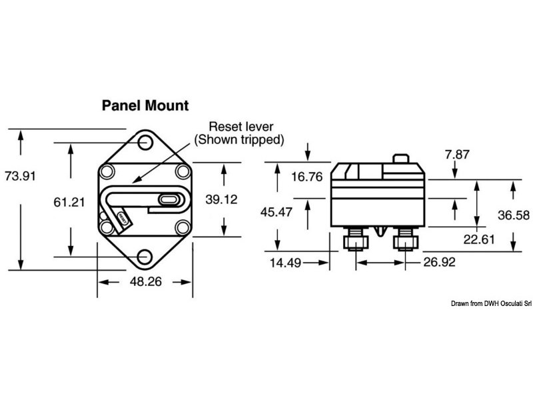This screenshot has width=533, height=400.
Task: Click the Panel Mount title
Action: click(x=145, y=105)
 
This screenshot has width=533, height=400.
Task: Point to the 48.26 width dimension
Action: click(x=145, y=282)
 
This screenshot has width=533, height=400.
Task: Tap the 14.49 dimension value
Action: click(x=285, y=263)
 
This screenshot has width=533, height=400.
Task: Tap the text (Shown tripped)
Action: click(x=239, y=140)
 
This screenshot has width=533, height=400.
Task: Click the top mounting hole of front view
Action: click(x=145, y=141)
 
